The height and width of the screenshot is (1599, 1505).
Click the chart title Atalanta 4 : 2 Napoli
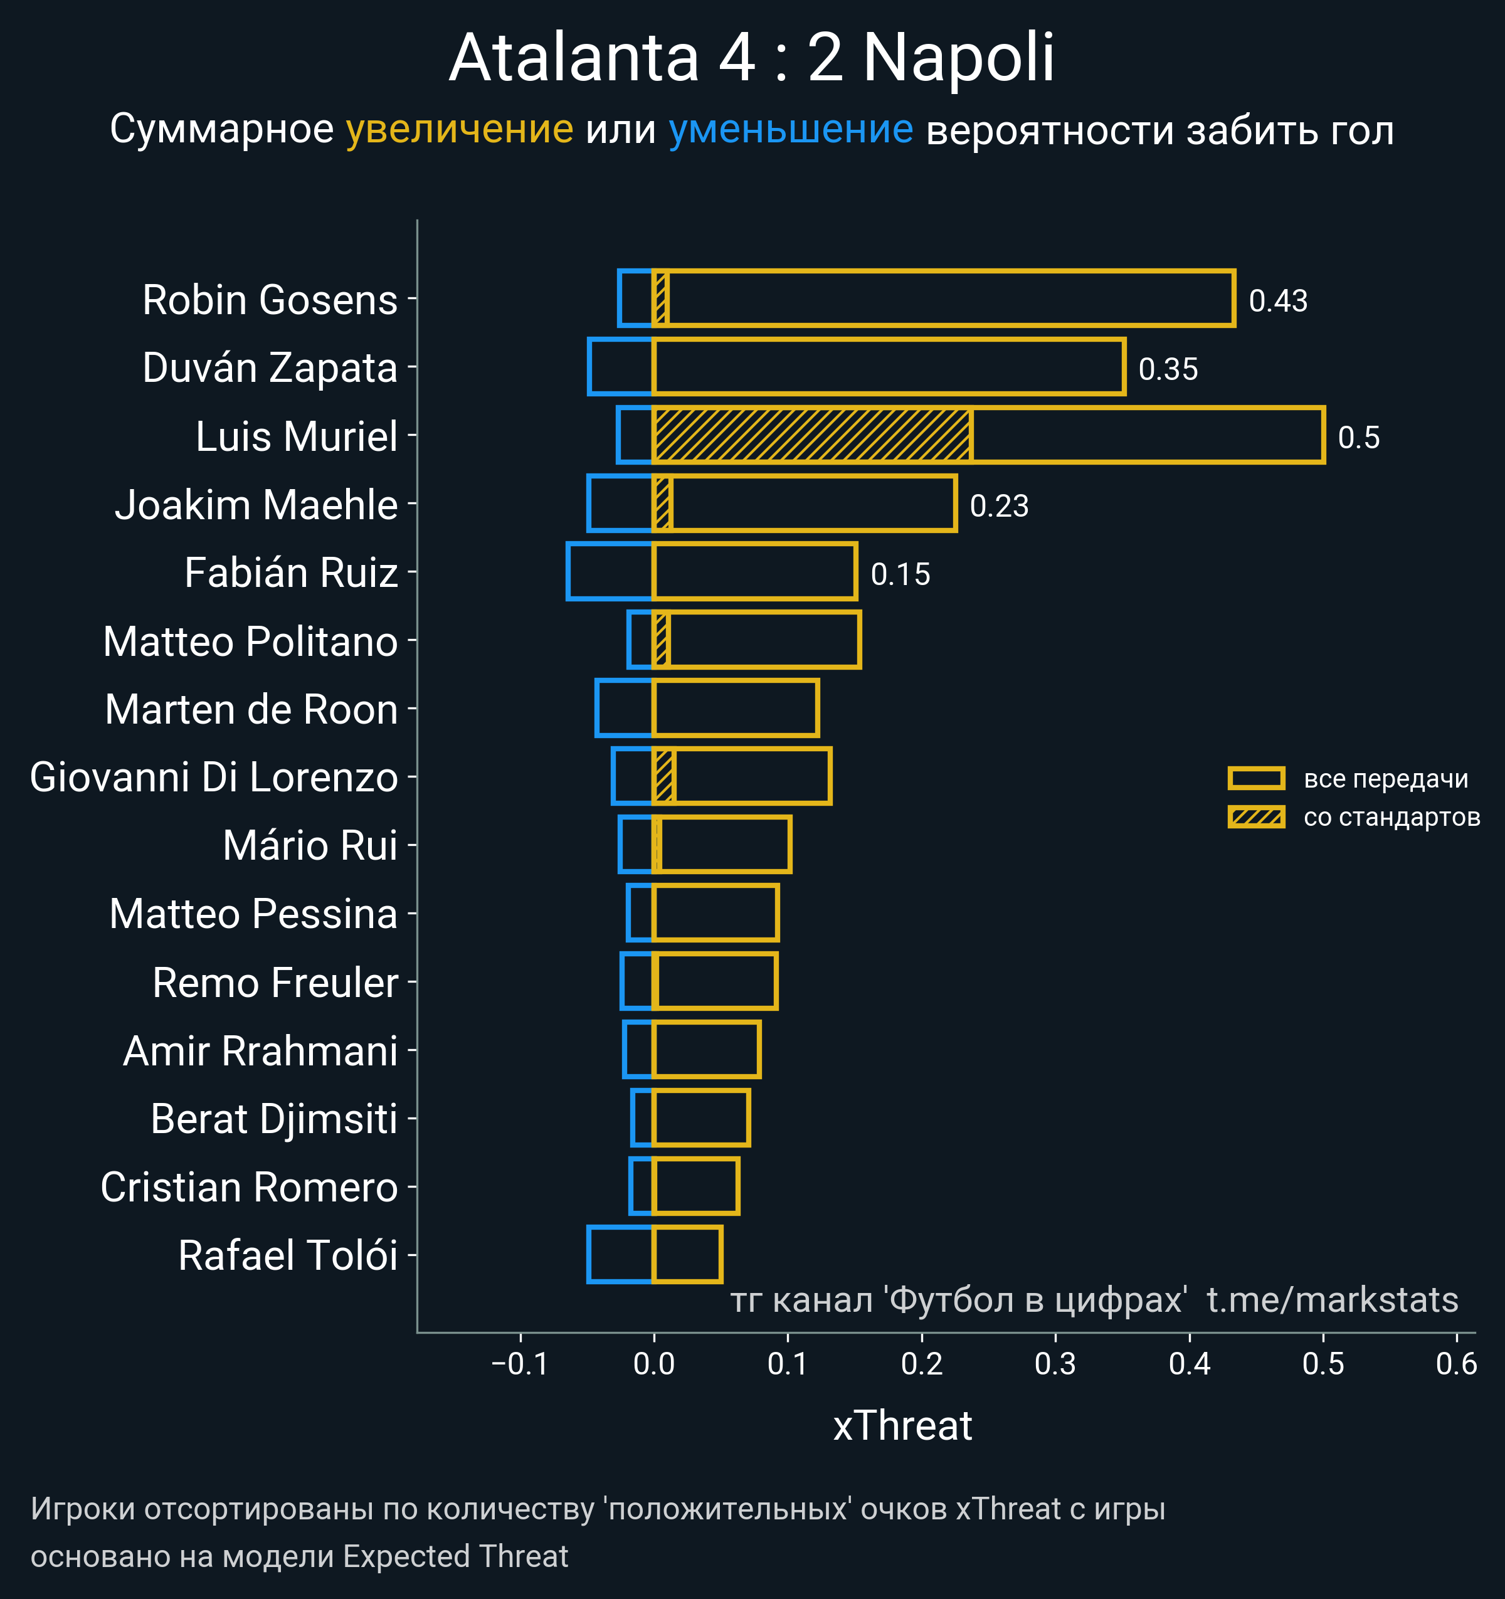[751, 58]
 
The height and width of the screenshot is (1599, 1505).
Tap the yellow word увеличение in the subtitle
[459, 130]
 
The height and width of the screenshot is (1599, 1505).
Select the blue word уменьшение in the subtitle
[791, 130]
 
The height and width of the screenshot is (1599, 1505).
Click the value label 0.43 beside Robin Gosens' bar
[1277, 301]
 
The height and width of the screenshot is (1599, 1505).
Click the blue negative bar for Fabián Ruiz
[610, 572]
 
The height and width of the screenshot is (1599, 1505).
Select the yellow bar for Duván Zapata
[888, 367]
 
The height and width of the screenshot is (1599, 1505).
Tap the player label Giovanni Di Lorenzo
[214, 778]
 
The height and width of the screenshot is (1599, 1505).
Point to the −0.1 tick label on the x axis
[520, 1364]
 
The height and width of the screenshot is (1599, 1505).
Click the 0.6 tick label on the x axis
[1456, 1364]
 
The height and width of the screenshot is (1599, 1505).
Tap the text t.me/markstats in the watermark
[1332, 1301]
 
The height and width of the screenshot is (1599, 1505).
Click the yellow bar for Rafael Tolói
[687, 1255]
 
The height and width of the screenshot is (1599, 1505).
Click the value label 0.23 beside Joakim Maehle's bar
[999, 506]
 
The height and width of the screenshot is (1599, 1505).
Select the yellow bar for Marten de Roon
[735, 709]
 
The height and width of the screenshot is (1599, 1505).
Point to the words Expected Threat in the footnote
[455, 1556]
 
